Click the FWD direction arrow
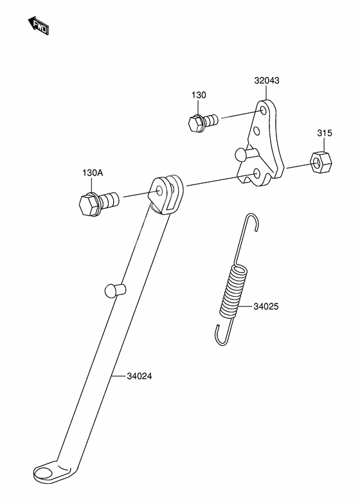pyautogui.click(x=39, y=26)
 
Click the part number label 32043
pyautogui.click(x=267, y=80)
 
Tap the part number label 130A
pyautogui.click(x=93, y=173)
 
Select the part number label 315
pyautogui.click(x=324, y=132)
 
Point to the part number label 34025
pyautogui.click(x=266, y=307)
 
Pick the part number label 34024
pyautogui.click(x=139, y=376)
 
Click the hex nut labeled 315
pyautogui.click(x=320, y=163)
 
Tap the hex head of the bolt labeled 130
pyautogui.click(x=195, y=123)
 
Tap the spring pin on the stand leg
pyautogui.click(x=115, y=290)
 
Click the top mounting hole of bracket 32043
pyautogui.click(x=264, y=110)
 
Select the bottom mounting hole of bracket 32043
pyautogui.click(x=256, y=174)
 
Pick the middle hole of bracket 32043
pyautogui.click(x=256, y=131)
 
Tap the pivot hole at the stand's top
pyautogui.click(x=160, y=192)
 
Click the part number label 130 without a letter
pyautogui.click(x=199, y=94)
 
